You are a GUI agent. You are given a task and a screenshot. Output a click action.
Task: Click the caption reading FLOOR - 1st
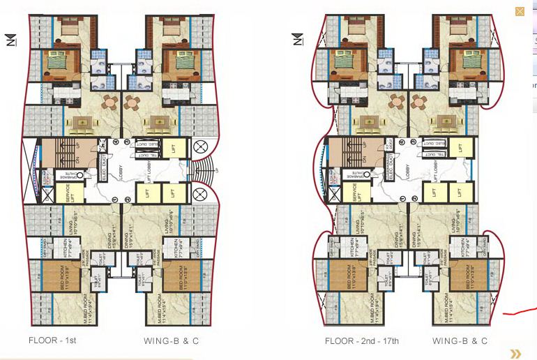pos(52,341)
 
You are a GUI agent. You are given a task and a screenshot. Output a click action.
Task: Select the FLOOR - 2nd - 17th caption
pos(361,341)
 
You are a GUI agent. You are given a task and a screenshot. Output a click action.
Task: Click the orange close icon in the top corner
pos(520,11)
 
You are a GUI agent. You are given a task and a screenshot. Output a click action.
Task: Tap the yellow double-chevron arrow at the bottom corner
pos(515,354)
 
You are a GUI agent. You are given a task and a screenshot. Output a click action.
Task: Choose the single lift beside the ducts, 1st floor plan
pos(177,148)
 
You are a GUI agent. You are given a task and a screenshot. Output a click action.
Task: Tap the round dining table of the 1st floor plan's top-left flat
pos(110,103)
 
